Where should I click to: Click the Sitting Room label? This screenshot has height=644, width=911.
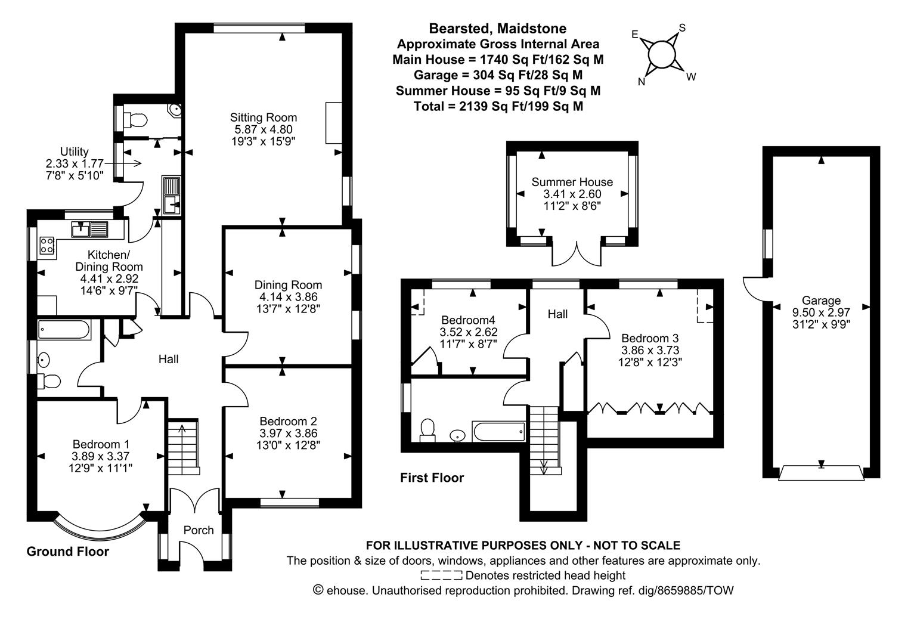coord(264,117)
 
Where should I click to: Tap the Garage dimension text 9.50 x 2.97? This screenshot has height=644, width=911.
coord(821,312)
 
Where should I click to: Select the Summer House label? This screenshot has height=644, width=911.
coord(572,182)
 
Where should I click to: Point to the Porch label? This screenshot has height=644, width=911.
coord(199,530)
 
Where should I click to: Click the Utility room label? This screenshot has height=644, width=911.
coord(75,151)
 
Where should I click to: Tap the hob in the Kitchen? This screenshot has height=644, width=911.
coord(47,244)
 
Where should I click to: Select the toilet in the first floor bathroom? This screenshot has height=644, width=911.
coord(427,429)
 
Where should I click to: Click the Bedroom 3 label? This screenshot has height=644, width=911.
coord(650,338)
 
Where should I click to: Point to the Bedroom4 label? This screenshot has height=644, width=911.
coord(468,319)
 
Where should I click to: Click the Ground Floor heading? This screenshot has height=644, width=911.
coord(68,552)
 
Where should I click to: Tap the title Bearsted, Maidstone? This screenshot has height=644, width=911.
coord(498,28)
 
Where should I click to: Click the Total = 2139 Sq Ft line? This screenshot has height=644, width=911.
coord(498,106)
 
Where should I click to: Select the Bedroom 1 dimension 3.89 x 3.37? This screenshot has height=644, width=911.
coord(101,456)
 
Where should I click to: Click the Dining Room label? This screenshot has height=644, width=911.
coord(288,285)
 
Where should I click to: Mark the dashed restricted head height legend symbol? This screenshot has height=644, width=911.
coord(441,575)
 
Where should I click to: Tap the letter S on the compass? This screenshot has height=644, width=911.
coord(683,28)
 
